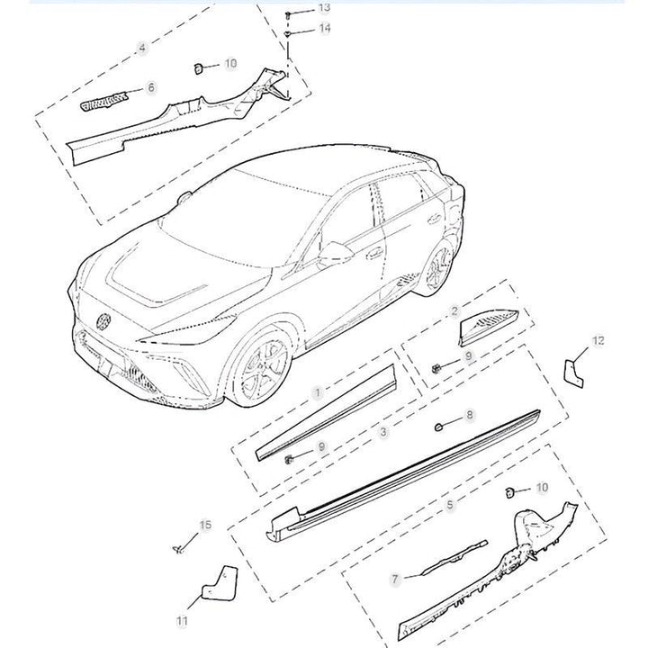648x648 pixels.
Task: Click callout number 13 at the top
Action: click(324, 7)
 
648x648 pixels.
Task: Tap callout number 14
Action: click(324, 28)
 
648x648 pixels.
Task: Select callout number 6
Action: click(151, 87)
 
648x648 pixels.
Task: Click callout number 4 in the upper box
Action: click(142, 48)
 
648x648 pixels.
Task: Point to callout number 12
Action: click(598, 340)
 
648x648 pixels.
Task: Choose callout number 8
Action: click(470, 415)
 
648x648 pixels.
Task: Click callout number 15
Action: click(205, 525)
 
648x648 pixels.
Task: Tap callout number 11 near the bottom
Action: click(182, 621)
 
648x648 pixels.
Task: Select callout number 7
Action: click(395, 580)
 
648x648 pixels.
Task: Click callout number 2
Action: click(455, 311)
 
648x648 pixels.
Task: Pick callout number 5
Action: click(450, 505)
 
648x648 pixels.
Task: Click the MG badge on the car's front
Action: click(103, 322)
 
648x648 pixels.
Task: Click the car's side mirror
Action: click(336, 252)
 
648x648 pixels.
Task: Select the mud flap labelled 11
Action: click(220, 582)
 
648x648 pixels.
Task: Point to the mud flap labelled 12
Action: click(573, 373)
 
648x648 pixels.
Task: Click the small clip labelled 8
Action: click(439, 427)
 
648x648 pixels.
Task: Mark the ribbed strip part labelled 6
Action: click(103, 102)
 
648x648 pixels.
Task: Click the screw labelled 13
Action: click(288, 15)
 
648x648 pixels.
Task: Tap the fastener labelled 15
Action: click(178, 549)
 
